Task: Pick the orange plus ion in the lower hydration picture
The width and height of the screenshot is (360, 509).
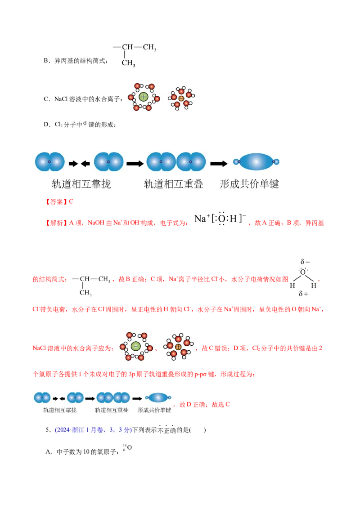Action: [178, 347]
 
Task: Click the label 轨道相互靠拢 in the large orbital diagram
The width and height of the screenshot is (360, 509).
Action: [81, 184]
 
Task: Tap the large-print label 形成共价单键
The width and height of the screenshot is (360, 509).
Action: [249, 184]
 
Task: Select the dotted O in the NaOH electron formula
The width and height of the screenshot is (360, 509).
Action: [221, 219]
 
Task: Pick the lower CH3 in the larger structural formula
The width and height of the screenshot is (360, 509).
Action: [128, 63]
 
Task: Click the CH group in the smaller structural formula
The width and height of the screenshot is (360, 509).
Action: [85, 279]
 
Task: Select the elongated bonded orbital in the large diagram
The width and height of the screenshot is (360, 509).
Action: [256, 162]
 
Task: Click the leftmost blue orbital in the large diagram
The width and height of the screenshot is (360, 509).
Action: [50, 162]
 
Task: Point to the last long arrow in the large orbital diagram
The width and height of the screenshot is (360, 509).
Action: [219, 164]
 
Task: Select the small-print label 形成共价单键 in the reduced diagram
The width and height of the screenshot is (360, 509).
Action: [154, 410]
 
